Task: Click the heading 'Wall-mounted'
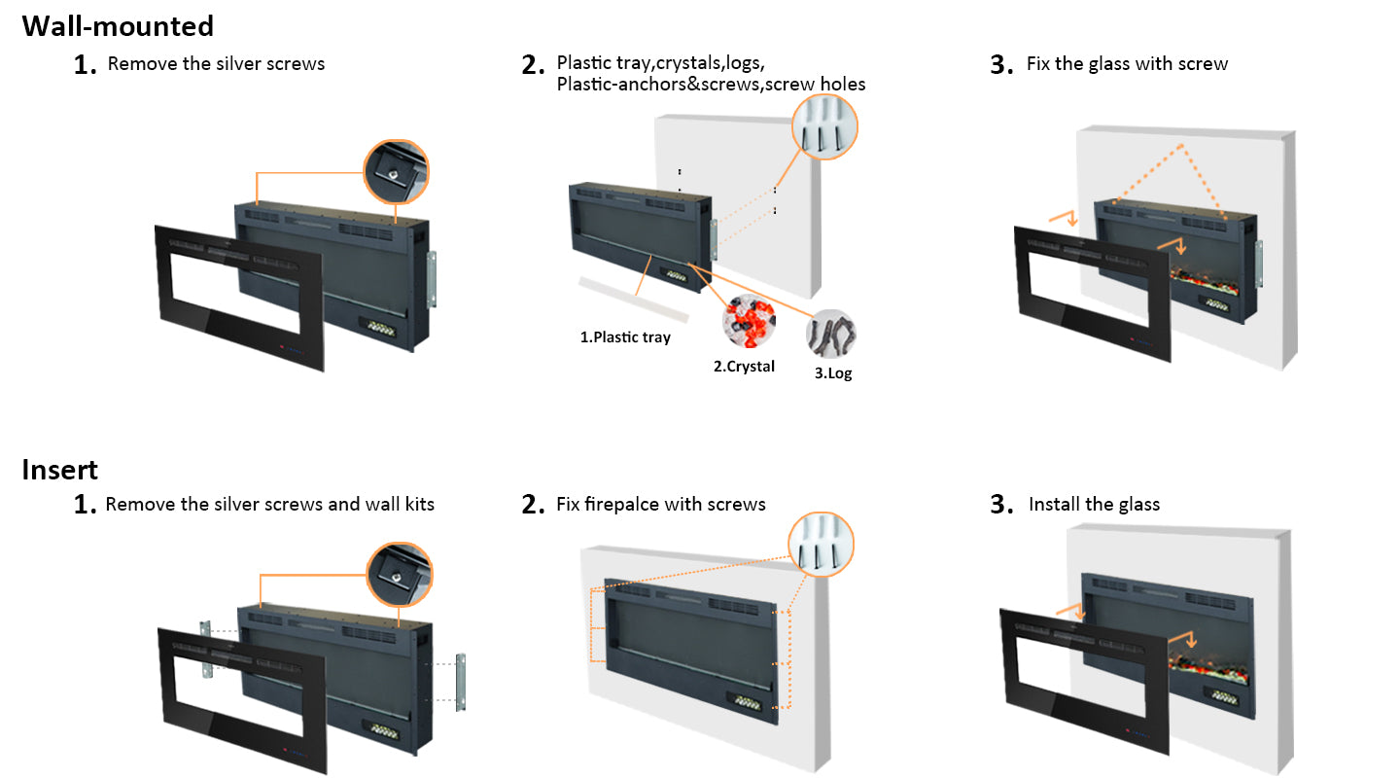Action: pyautogui.click(x=118, y=25)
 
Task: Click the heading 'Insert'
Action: pyautogui.click(x=60, y=470)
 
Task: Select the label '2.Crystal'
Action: pyautogui.click(x=744, y=367)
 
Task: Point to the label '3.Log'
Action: pyautogui.click(x=833, y=372)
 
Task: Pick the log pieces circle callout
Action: pyautogui.click(x=831, y=334)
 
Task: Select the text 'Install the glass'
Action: pyautogui.click(x=1094, y=504)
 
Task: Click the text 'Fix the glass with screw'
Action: pyautogui.click(x=1127, y=64)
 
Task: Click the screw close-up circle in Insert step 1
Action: pyautogui.click(x=399, y=575)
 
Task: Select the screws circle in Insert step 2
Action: pyautogui.click(x=820, y=545)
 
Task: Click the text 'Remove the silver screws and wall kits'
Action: pyautogui.click(x=269, y=504)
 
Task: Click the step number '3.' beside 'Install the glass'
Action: pyautogui.click(x=1002, y=505)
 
